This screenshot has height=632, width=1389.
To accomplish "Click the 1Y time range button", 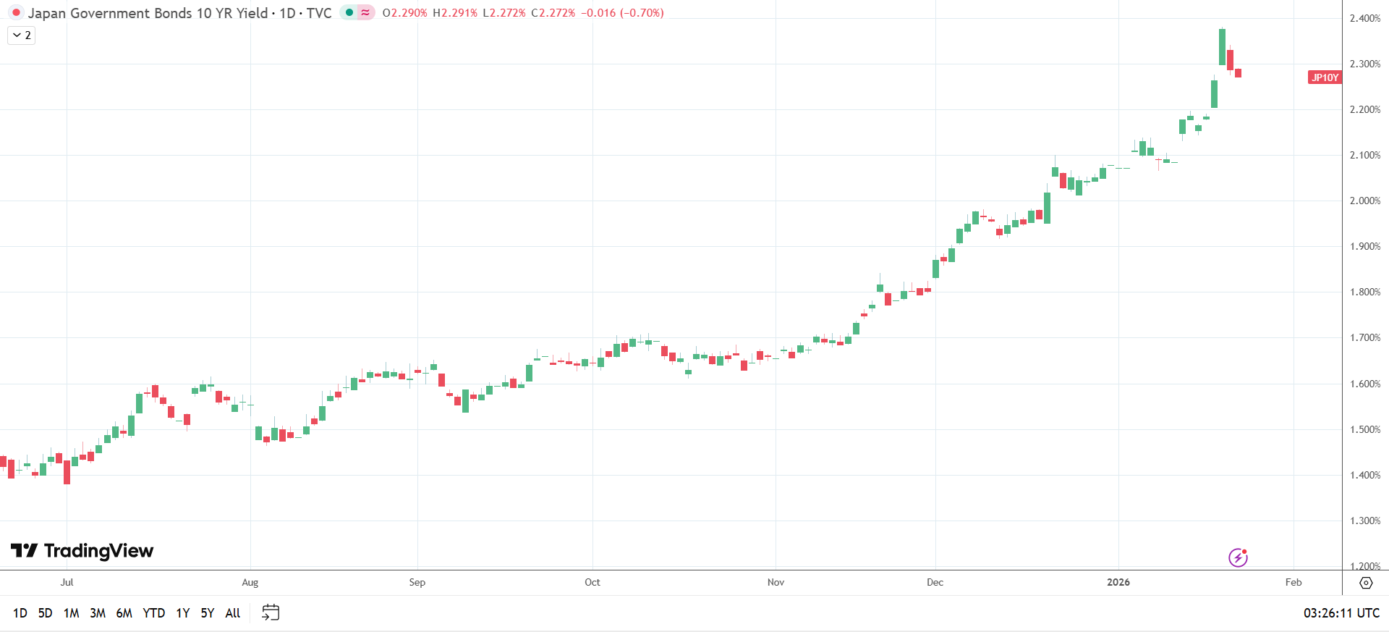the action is tap(183, 613).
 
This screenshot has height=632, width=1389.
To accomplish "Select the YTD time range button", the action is tap(153, 613).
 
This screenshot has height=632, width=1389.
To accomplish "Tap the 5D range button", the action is tap(45, 613).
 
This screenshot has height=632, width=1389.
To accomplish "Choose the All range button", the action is tap(233, 613).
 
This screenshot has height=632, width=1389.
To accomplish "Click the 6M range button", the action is tap(124, 613).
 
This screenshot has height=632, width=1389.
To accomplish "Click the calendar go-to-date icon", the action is tap(271, 612).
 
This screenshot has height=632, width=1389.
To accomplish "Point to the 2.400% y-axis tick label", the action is tap(1365, 18).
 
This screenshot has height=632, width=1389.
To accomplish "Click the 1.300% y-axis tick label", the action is tap(1365, 521).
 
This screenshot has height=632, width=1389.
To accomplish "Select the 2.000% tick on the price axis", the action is tap(1365, 201).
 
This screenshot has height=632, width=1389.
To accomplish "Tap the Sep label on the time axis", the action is tap(417, 582).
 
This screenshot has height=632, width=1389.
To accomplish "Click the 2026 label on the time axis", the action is tap(1118, 582).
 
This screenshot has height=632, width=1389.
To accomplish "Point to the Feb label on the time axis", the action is tap(1294, 582).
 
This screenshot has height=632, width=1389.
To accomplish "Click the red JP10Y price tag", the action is tap(1325, 77).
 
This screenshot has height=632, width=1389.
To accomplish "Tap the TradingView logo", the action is tap(82, 551).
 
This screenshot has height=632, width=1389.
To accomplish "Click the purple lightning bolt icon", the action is tap(1238, 557).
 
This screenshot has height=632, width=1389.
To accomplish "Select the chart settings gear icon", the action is tap(1366, 583).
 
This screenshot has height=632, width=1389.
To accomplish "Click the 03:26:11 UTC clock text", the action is tap(1341, 613).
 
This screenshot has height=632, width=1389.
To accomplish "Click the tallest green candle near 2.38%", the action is tap(1222, 47).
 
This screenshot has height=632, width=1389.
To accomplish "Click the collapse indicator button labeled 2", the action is tap(22, 35).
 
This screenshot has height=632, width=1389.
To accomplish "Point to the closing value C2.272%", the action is tap(553, 13).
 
